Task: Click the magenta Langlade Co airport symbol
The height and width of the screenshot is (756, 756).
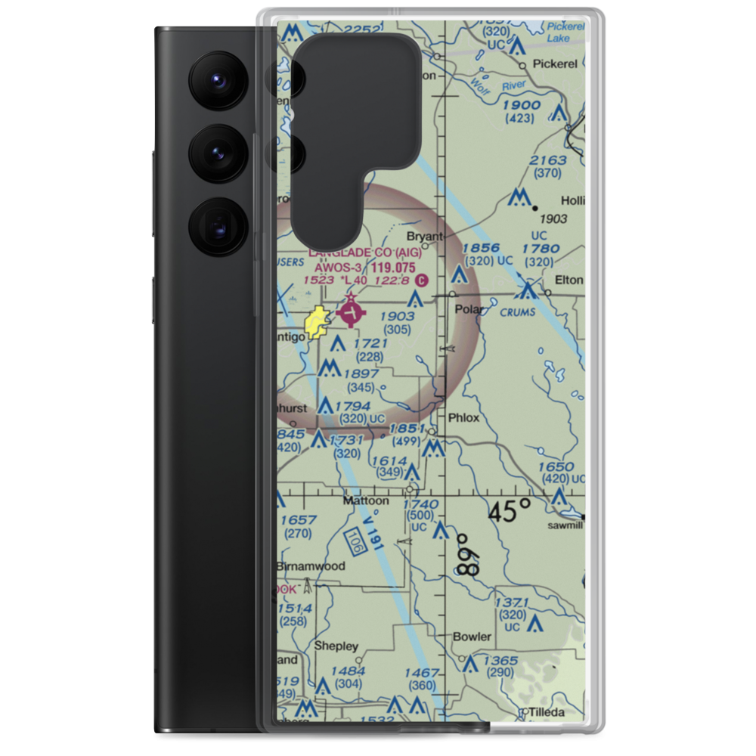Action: pyautogui.click(x=351, y=311)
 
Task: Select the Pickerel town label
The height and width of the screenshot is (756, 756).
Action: pyautogui.click(x=555, y=64)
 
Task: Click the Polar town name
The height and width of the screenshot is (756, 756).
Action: pyautogui.click(x=468, y=309)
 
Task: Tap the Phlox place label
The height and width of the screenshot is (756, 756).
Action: pyautogui.click(x=463, y=417)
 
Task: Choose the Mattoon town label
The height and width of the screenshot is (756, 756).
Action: pyautogui.click(x=366, y=500)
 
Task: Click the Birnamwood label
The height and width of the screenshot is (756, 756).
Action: pyautogui.click(x=310, y=565)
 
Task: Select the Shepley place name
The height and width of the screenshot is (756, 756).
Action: pyautogui.click(x=336, y=646)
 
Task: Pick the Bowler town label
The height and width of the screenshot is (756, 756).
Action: pyautogui.click(x=472, y=637)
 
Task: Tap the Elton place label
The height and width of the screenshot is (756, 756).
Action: pyautogui.click(x=569, y=280)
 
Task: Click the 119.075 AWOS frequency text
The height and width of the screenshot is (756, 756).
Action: pyautogui.click(x=394, y=267)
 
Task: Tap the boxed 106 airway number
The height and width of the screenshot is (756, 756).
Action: pyautogui.click(x=352, y=541)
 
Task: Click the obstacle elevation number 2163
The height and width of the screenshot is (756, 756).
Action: pyautogui.click(x=548, y=160)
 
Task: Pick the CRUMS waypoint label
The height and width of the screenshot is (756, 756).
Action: pyautogui.click(x=518, y=311)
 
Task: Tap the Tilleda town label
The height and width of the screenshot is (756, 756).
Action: pyautogui.click(x=547, y=712)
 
